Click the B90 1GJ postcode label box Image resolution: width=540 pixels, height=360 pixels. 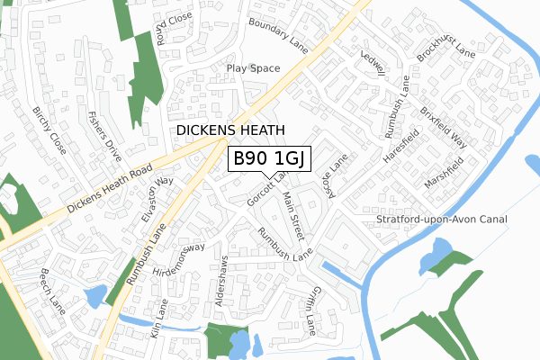269,159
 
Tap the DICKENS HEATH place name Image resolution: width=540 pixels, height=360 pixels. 231,130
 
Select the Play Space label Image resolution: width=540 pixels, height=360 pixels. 253,68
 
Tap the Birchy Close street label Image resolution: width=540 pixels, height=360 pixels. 49,130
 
